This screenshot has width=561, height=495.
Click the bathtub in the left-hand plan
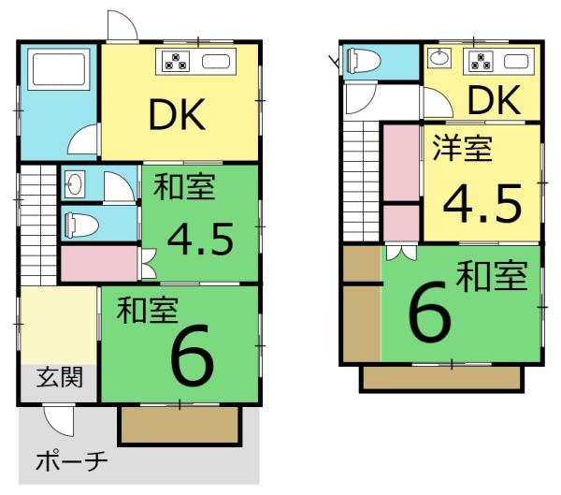[x=59, y=70]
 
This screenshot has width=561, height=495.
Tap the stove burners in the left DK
[x=176, y=62]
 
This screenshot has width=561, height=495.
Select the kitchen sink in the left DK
[x=216, y=62]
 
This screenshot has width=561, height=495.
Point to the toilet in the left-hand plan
[x=81, y=226]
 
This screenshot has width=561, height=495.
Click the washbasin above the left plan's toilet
[x=75, y=184]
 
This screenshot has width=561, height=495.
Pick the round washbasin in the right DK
[x=439, y=57]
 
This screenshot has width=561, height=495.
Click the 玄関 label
[x=60, y=377]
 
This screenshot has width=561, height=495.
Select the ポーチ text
[x=72, y=461]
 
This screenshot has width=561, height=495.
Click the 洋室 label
[x=462, y=148]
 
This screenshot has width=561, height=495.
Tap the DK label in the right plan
[x=494, y=101]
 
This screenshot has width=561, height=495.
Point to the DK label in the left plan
[x=177, y=114]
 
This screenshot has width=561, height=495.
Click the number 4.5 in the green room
[x=201, y=240]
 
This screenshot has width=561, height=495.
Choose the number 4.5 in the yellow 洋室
[x=482, y=203]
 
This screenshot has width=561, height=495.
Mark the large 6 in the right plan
[x=429, y=310]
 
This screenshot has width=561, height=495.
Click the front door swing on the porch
[x=59, y=420]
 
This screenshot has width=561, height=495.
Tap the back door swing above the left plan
[x=122, y=25]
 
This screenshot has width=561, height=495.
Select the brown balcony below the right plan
[x=442, y=379]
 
